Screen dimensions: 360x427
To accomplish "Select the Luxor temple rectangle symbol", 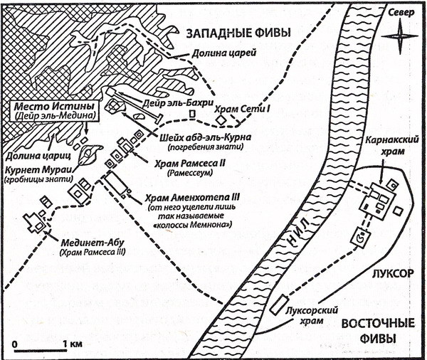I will pyautogui.click(x=280, y=305).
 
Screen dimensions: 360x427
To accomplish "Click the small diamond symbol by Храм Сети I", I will pyautogui.click(x=222, y=120).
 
